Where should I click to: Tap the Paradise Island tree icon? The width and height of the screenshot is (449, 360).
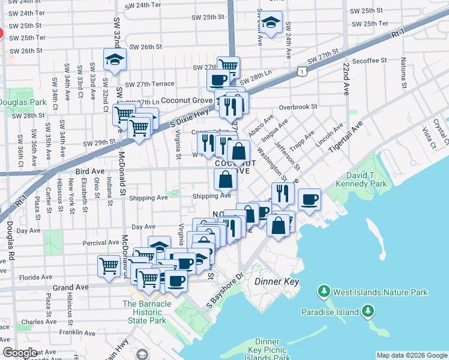pyautogui.click(x=367, y=311)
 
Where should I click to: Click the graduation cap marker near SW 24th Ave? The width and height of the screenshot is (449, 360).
pyautogui.click(x=272, y=23)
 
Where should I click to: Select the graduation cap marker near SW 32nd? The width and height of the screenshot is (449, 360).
pyautogui.click(x=113, y=60)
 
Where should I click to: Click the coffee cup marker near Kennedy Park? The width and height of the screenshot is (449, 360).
pyautogui.click(x=310, y=199)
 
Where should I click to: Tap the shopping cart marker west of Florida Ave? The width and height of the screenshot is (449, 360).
pyautogui.click(x=109, y=265)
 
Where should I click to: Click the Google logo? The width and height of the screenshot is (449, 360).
pyautogui.click(x=19, y=353)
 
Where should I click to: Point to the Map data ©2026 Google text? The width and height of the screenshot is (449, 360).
pyautogui.click(x=411, y=355)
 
